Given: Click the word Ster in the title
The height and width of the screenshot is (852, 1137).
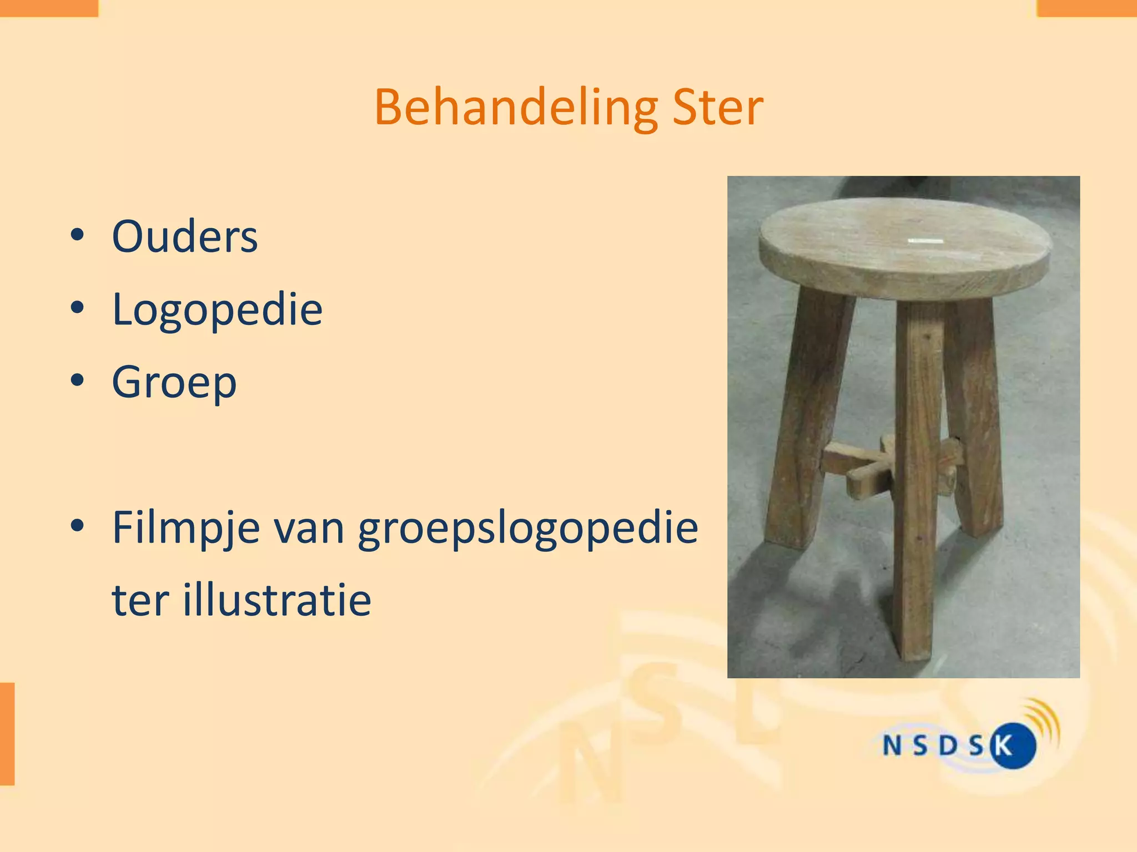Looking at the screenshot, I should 717,108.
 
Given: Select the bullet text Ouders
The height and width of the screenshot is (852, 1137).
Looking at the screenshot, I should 185,237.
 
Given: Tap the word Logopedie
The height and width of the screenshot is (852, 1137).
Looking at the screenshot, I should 217,310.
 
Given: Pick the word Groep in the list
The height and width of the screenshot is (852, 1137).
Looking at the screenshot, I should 174,383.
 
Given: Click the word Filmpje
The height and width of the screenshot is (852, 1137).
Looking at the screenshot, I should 186,528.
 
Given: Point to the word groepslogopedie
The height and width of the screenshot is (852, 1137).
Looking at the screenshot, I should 527,528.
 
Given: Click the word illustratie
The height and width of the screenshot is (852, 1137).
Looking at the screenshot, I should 276,600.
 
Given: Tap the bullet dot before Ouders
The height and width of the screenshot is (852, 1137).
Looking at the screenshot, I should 78,235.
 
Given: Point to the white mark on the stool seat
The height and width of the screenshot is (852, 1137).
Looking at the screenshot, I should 925,241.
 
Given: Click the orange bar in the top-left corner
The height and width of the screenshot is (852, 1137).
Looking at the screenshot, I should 49,8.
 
